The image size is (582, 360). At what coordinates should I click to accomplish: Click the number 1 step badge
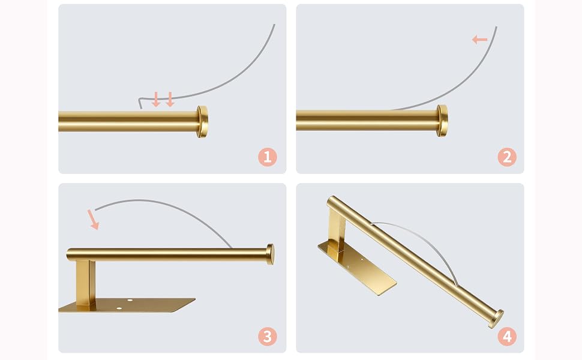pos(268,157)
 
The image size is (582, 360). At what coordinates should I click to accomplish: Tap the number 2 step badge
pos(507,157)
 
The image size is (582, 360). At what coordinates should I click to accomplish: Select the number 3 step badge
pos(268,337)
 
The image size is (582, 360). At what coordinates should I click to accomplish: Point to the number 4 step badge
pos(507,337)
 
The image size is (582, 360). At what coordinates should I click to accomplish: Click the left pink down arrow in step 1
pos(156,100)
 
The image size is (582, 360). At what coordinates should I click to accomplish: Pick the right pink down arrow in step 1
pos(170,100)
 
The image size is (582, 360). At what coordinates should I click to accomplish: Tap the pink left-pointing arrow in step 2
pos(479,40)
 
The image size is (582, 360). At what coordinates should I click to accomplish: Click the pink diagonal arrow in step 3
pos(93,220)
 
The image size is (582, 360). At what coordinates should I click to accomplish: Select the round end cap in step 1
pos(202,122)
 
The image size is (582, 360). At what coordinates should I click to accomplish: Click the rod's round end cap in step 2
pos(442,121)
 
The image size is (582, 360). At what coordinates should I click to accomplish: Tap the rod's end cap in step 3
pos(270,254)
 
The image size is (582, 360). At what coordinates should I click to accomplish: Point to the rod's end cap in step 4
pos(496,319)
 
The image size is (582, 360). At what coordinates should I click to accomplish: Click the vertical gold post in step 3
pos(86,283)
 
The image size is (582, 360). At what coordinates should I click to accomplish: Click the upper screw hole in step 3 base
pos(130,299)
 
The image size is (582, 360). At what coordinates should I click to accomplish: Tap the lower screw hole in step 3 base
pos(119,308)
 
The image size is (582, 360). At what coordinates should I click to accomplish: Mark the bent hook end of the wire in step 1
pos(140,103)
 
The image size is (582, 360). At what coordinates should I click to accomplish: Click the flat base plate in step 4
pos(357,266)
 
